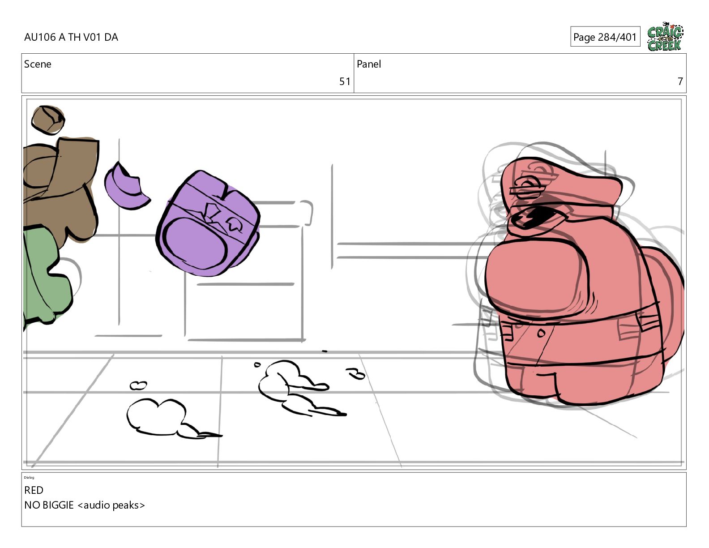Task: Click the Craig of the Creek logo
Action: pos(665,37)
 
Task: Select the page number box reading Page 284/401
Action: pos(605,37)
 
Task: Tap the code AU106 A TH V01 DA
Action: pos(71,37)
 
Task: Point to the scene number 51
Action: pos(345,81)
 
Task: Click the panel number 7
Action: pos(680,81)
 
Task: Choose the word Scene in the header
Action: pos(38,64)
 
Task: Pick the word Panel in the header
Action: pos(369,64)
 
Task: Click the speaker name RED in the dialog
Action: pos(34,490)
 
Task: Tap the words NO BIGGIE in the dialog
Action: pos(49,505)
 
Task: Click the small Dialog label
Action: pos(29,478)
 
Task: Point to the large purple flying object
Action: pos(208,223)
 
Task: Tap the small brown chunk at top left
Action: pos(48,120)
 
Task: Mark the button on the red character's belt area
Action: pos(541,333)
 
